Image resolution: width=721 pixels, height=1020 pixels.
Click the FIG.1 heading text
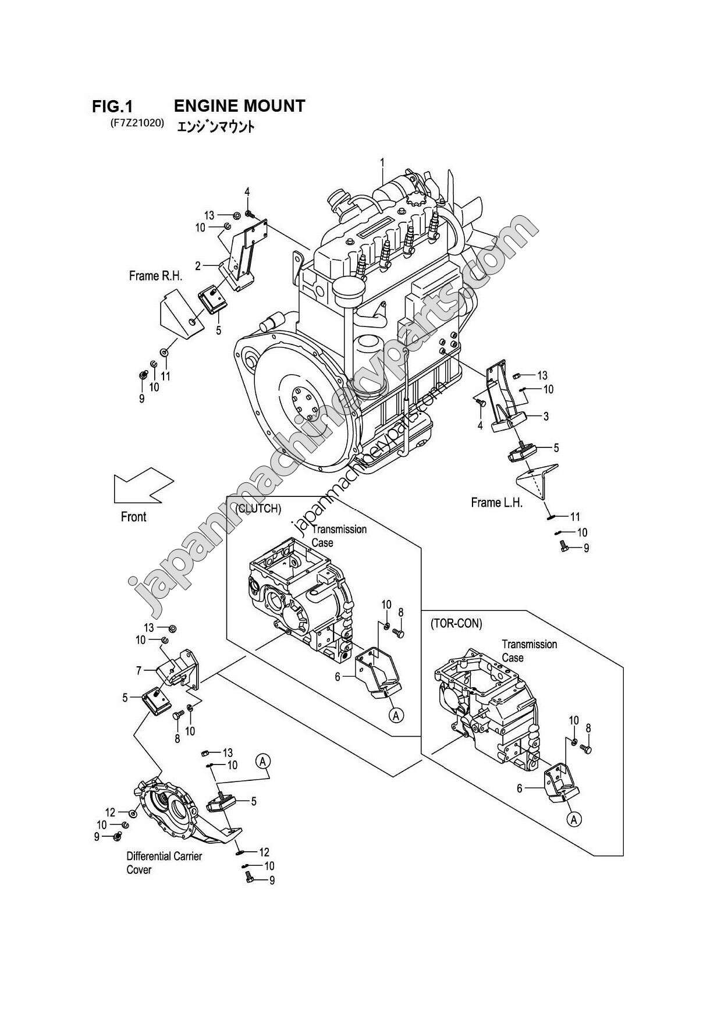click(x=112, y=106)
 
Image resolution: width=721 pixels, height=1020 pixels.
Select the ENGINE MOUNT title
click(x=239, y=106)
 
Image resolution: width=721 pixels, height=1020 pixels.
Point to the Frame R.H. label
click(x=155, y=276)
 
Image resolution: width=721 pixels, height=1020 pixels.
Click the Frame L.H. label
click(x=496, y=502)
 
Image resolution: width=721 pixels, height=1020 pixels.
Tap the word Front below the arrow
click(x=133, y=517)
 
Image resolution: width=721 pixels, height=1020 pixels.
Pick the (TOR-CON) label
click(x=456, y=624)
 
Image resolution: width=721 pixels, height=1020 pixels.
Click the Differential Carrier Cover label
click(x=156, y=863)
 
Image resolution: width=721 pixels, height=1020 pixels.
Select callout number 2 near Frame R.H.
click(x=198, y=266)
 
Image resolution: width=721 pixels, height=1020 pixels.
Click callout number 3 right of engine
click(x=546, y=417)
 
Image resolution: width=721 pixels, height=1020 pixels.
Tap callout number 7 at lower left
click(x=138, y=670)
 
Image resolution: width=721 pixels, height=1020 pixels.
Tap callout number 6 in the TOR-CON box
click(x=520, y=788)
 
